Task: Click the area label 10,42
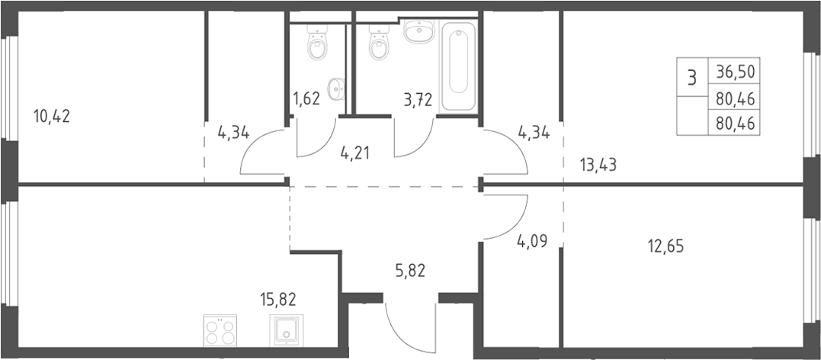(x=51, y=116)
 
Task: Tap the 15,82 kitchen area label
(x=278, y=299)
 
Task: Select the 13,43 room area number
(x=598, y=166)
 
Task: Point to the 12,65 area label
(x=665, y=245)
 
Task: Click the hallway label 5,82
(x=410, y=271)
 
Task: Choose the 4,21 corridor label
(x=355, y=154)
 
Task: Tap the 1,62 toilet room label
(x=306, y=98)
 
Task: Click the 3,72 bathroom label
(x=418, y=98)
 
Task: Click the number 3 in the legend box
(x=692, y=78)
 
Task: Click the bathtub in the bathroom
(x=459, y=66)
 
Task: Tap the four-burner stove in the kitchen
(x=220, y=331)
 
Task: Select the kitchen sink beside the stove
(x=287, y=331)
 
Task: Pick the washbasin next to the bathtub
(x=419, y=31)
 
